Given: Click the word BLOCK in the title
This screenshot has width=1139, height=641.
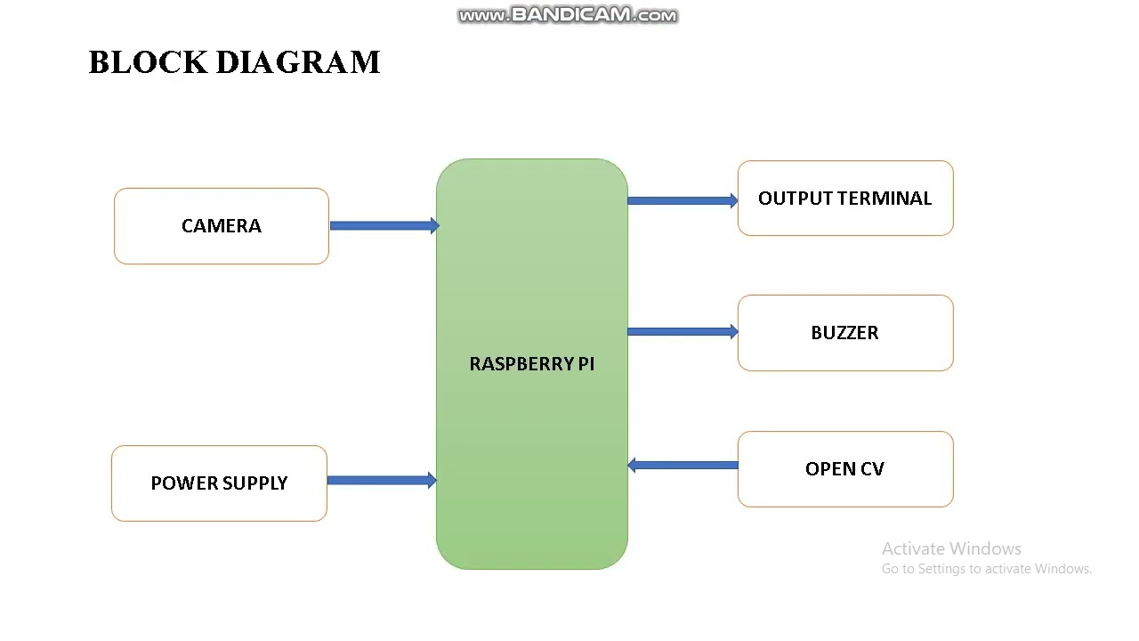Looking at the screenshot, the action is tap(148, 62).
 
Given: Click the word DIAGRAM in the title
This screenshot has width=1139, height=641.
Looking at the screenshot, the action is tap(298, 62).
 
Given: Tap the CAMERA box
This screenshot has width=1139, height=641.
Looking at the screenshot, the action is tap(222, 226).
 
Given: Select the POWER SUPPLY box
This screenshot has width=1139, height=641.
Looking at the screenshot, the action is tap(219, 483).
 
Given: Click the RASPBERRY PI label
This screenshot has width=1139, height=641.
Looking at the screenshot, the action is tap(532, 364).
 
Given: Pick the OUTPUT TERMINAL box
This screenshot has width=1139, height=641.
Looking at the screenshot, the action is tap(845, 198).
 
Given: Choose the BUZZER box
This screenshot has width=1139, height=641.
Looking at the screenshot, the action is tap(845, 333).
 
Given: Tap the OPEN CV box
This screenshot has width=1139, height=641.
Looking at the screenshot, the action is tap(845, 469).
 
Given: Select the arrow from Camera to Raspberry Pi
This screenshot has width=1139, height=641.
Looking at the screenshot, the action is tap(385, 225).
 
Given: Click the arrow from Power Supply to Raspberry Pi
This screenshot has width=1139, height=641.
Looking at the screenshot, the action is tap(382, 480).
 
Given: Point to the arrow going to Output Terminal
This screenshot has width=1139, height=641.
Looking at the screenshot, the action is tap(683, 200).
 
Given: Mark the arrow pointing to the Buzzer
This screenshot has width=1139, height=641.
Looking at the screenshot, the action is tap(683, 332).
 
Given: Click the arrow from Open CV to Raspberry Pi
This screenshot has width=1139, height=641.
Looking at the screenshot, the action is tap(683, 465).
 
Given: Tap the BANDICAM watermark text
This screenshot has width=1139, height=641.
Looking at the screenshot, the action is tap(568, 15).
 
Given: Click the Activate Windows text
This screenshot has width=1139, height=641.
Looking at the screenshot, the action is tap(951, 548).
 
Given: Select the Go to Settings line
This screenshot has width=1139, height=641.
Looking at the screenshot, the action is tap(987, 569).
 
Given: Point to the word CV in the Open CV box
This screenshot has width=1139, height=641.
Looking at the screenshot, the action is tap(872, 469).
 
